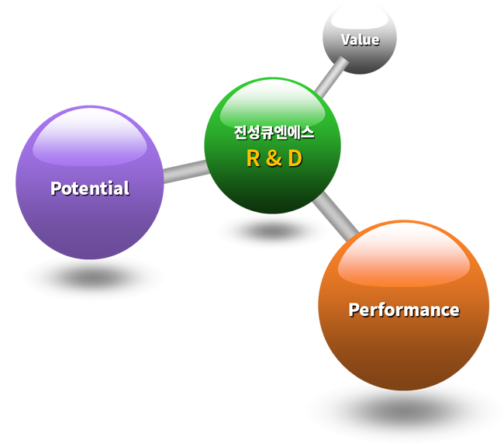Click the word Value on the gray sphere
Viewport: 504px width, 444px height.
(x=361, y=40)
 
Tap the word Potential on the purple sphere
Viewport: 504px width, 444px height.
(x=90, y=188)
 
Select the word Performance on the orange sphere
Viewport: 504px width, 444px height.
(x=404, y=310)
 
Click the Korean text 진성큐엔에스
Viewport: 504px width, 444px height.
(x=274, y=132)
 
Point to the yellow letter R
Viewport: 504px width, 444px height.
(x=253, y=158)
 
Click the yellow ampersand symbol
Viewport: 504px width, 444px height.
(x=274, y=158)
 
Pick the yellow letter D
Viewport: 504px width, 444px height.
(x=295, y=158)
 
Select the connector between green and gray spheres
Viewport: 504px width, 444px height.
(x=331, y=77)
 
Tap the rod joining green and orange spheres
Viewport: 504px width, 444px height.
(x=336, y=217)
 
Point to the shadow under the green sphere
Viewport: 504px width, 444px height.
(x=273, y=231)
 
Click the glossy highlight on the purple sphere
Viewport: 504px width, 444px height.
(x=90, y=137)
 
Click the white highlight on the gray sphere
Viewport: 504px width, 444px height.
(x=360, y=18)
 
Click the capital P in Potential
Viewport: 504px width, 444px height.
(x=56, y=188)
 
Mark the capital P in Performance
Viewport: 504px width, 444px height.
(x=354, y=310)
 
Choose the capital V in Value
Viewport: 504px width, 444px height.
(x=346, y=40)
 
